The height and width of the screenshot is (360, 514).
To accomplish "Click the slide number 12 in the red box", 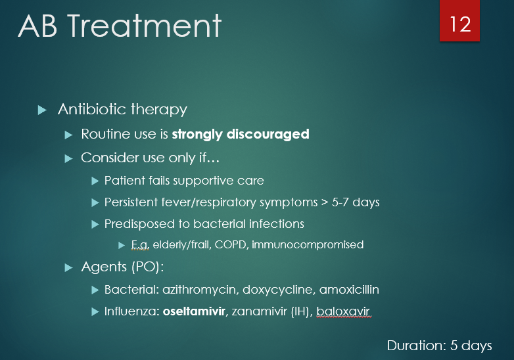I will [460, 24].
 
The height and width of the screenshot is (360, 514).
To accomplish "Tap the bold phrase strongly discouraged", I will [240, 134].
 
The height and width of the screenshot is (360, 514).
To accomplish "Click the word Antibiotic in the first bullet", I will [88, 110].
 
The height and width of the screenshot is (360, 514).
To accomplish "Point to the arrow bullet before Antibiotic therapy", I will [43, 110].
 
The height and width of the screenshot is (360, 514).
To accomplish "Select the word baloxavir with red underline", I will [344, 311].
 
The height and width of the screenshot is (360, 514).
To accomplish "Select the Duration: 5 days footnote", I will [439, 346].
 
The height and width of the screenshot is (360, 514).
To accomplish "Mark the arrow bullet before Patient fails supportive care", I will [95, 181].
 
